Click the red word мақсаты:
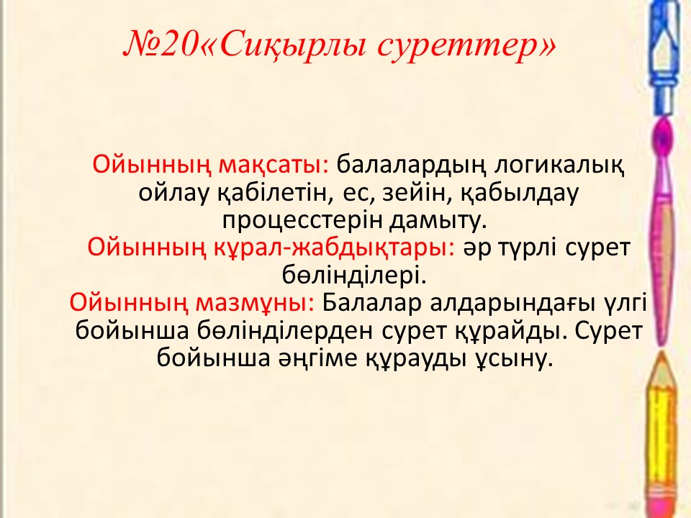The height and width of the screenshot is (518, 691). tap(274, 165)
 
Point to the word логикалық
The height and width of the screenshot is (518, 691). tap(559, 166)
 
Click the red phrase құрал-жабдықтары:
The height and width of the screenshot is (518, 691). tap(334, 248)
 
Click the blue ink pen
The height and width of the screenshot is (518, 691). tap(666, 58)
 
